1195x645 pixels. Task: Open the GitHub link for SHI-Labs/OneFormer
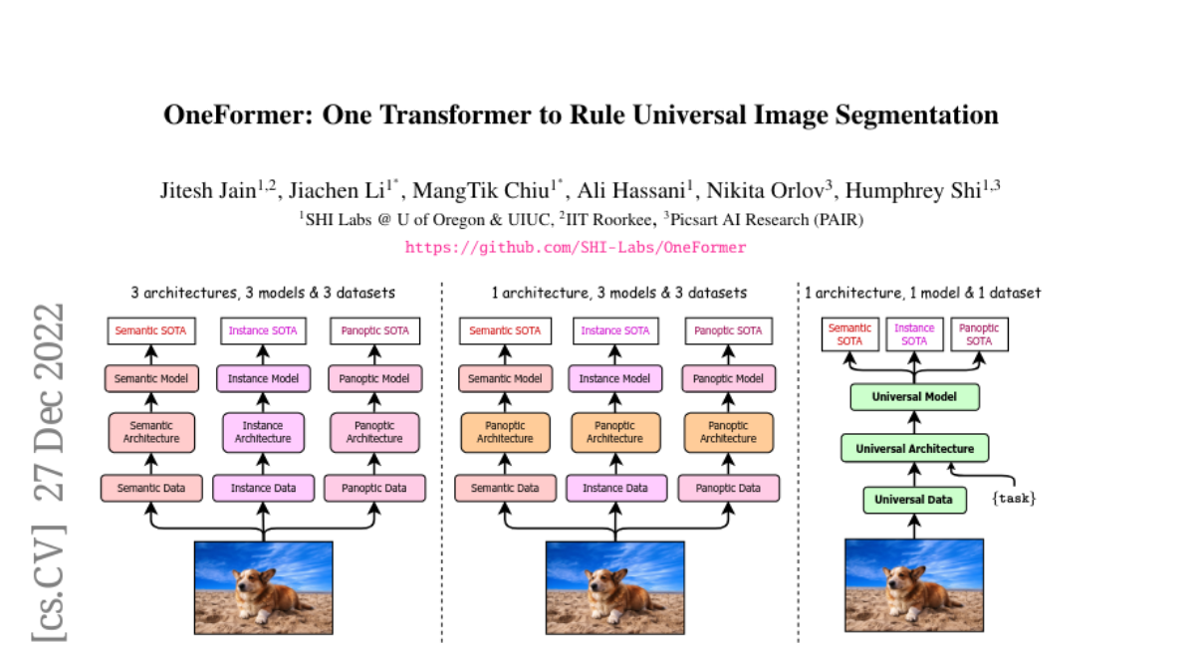click(x=576, y=247)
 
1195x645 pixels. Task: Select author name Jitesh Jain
click(x=208, y=190)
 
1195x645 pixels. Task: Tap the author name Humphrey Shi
click(x=913, y=190)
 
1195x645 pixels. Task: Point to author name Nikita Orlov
click(x=766, y=190)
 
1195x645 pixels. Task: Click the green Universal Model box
click(x=914, y=397)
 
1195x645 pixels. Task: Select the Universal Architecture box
click(x=914, y=448)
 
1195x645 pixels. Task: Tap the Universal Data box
click(x=914, y=500)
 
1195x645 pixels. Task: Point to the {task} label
click(x=1014, y=499)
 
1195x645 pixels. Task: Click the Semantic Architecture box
click(x=151, y=432)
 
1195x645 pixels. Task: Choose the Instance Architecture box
click(x=263, y=432)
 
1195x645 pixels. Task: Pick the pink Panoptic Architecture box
click(x=374, y=432)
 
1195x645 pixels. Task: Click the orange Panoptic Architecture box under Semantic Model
click(x=505, y=432)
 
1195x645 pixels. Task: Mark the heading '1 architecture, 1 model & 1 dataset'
click(x=922, y=293)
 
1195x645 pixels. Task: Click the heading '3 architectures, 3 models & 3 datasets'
click(x=263, y=293)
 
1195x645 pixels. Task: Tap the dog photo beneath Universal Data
click(x=914, y=585)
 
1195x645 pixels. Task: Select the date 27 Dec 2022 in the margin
click(x=49, y=402)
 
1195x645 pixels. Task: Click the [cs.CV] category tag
click(x=49, y=583)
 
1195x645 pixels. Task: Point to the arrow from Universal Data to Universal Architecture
click(x=914, y=475)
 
